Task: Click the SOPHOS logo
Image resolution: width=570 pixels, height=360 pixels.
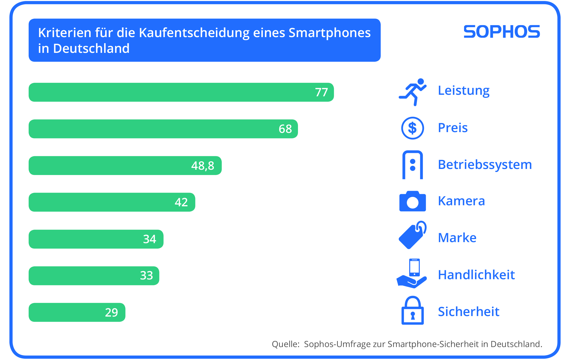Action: [502, 32]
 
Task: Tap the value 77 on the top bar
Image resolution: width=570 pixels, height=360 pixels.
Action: [321, 92]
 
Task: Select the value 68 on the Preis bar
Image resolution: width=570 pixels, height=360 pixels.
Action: [285, 129]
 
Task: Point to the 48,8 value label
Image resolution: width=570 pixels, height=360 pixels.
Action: [203, 166]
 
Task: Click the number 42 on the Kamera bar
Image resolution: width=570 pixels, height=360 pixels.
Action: [181, 202]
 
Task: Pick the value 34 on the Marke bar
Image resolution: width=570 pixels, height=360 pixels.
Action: [150, 239]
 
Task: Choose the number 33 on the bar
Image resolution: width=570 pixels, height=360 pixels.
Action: [147, 276]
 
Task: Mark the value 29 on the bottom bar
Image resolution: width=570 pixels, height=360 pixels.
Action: [112, 312]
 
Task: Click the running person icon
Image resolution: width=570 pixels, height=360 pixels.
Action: [413, 92]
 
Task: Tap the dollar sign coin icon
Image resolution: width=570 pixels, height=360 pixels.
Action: [413, 128]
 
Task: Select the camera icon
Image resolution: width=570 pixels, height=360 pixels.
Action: [413, 201]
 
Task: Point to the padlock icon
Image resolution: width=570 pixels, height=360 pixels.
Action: [413, 310]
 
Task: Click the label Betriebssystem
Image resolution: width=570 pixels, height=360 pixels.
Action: [485, 165]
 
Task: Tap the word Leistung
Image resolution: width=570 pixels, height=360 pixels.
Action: [464, 90]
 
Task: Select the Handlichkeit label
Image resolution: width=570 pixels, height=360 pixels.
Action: [476, 275]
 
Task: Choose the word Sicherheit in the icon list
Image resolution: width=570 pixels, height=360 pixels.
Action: [469, 312]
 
